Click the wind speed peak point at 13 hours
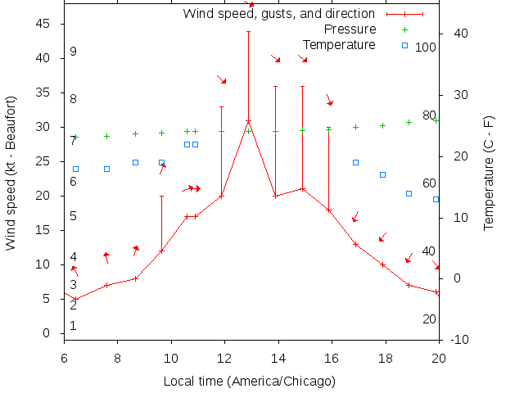click(x=248, y=121)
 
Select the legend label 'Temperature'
click(x=339, y=44)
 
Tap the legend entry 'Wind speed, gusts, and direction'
click(x=278, y=14)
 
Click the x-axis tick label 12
click(x=224, y=357)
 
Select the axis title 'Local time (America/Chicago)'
click(x=249, y=381)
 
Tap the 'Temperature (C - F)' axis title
click(x=488, y=172)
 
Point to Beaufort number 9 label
click(x=73, y=52)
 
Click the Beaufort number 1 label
click(x=73, y=326)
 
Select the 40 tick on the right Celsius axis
click(x=460, y=34)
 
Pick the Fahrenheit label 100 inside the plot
click(x=426, y=47)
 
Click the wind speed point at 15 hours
click(x=302, y=188)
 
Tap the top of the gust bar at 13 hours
click(x=248, y=32)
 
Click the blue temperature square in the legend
click(x=404, y=44)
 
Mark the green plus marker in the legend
click(x=404, y=29)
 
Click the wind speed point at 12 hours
click(x=221, y=196)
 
